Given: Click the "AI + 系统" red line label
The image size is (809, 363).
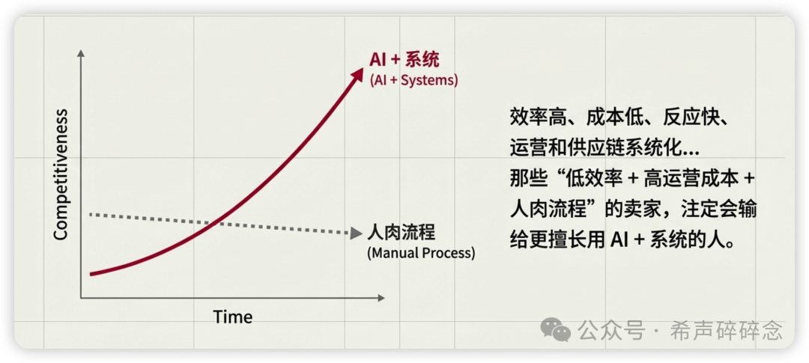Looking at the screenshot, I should click(x=404, y=60).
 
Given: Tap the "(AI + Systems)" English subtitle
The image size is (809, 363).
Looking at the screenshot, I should click(x=413, y=79).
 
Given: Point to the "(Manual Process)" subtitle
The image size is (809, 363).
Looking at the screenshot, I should click(x=421, y=252).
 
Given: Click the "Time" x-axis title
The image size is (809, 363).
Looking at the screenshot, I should click(x=232, y=317).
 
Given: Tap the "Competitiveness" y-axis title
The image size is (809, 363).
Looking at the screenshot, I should click(x=61, y=174).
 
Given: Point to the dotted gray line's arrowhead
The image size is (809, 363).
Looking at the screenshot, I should click(x=357, y=234).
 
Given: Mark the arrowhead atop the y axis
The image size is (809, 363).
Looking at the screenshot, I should click(x=81, y=53).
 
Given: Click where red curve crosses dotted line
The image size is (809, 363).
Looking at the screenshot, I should click(x=215, y=222).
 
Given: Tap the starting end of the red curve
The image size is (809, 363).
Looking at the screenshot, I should click(x=91, y=274).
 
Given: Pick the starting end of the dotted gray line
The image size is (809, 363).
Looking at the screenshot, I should click(x=91, y=215).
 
